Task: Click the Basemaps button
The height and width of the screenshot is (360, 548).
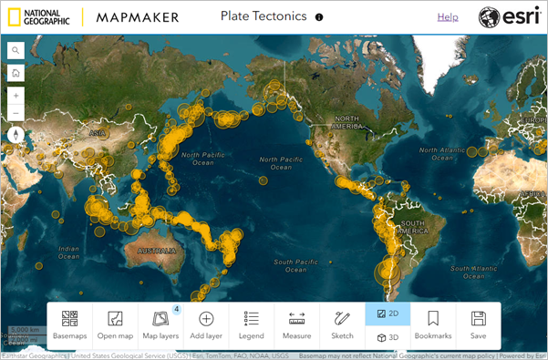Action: click(x=69, y=325)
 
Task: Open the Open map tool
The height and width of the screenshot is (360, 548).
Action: click(x=115, y=325)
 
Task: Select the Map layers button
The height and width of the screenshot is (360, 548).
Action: click(x=160, y=325)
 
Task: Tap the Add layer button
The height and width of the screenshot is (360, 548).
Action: click(x=206, y=325)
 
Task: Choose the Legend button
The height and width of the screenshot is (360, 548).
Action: click(x=253, y=325)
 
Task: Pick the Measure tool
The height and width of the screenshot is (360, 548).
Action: click(x=296, y=325)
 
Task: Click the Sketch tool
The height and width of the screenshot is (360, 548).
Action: click(x=342, y=325)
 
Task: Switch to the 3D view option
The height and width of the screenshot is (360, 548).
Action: click(x=388, y=338)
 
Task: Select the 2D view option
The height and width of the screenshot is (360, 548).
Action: click(x=388, y=314)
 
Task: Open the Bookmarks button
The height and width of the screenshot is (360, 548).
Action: click(x=433, y=325)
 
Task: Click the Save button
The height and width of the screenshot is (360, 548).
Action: click(x=478, y=325)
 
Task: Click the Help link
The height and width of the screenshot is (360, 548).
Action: click(x=448, y=17)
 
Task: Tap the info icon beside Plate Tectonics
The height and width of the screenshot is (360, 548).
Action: click(x=319, y=17)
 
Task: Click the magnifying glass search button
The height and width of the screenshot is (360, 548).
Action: click(x=16, y=51)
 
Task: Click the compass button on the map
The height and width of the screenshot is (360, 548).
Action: click(x=16, y=135)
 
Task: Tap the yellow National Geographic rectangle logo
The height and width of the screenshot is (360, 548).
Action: click(x=11, y=17)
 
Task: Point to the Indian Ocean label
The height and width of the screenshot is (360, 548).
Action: click(x=68, y=251)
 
